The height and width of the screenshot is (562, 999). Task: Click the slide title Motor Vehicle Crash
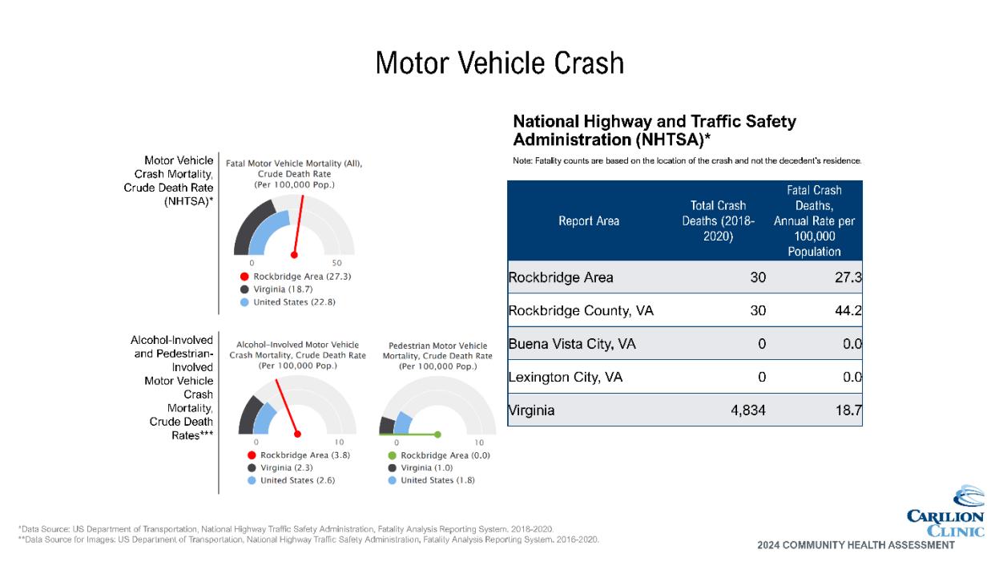[x=499, y=63]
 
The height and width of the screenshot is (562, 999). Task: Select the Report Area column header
[x=589, y=221]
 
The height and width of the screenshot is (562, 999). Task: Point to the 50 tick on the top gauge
[x=337, y=263]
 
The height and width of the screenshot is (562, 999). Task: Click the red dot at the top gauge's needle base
[x=294, y=255]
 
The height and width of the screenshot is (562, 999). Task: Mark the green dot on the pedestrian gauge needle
[x=437, y=435]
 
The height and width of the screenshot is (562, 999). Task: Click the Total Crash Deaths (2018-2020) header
[x=719, y=221]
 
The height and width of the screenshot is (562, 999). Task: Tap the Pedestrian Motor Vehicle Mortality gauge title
[x=437, y=355]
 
